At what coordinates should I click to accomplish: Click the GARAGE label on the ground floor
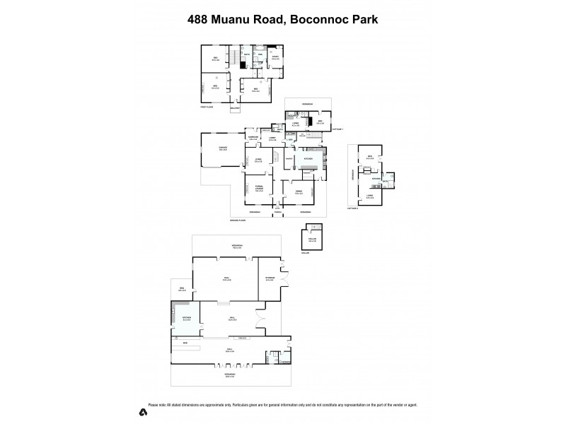223,148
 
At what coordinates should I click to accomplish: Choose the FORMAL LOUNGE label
259,189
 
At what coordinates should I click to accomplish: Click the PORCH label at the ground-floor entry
278,212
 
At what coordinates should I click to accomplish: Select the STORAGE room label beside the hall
270,280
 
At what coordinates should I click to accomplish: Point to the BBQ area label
182,288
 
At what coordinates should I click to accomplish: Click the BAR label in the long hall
185,343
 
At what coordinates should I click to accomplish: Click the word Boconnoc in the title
316,19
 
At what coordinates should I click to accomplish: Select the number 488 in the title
200,19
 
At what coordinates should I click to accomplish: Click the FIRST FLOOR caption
206,108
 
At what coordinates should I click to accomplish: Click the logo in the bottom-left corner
143,412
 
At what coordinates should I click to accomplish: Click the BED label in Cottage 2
369,157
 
